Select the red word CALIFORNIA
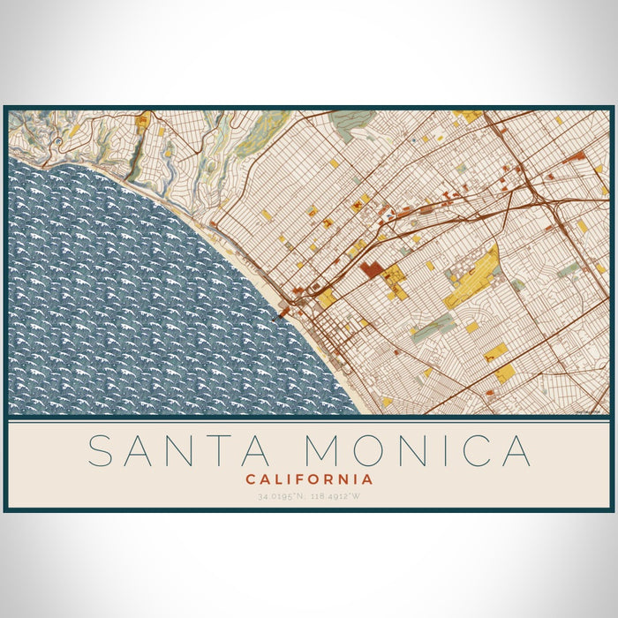[x=309, y=479]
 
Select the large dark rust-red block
[x=370, y=269]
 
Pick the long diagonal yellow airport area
[x=472, y=278]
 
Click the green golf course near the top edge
[x=353, y=124]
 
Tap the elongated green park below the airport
[x=434, y=328]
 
